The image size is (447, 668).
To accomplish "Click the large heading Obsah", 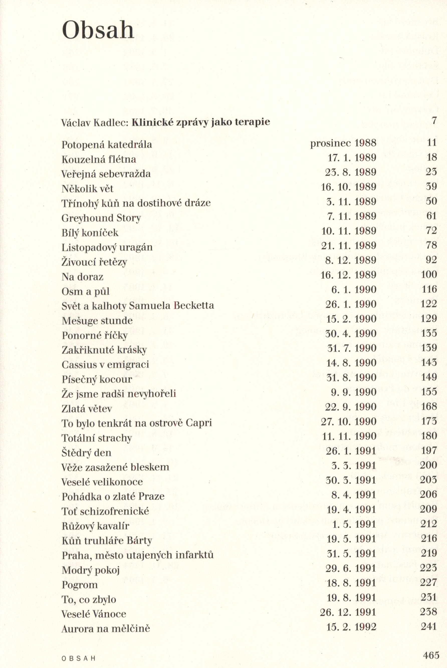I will point(98,30).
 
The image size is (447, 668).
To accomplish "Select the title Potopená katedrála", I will point(107,145).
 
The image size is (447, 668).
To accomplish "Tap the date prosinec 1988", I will point(343,143).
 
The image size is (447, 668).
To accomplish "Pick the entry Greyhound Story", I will point(101,218).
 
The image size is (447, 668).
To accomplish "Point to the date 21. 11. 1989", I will point(348,245).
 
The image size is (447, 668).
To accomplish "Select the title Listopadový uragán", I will point(107,247).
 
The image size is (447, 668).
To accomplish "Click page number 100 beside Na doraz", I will point(429,274).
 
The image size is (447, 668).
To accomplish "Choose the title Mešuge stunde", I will point(97,321).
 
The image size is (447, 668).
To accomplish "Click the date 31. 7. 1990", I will point(351,348).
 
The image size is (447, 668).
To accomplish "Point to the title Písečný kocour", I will point(97,380).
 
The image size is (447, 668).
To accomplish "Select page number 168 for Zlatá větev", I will point(429,406).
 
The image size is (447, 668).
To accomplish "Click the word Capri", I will point(199,423).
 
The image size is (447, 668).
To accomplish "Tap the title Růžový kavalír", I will point(95,526).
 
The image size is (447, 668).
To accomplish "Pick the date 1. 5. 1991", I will point(354,524).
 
